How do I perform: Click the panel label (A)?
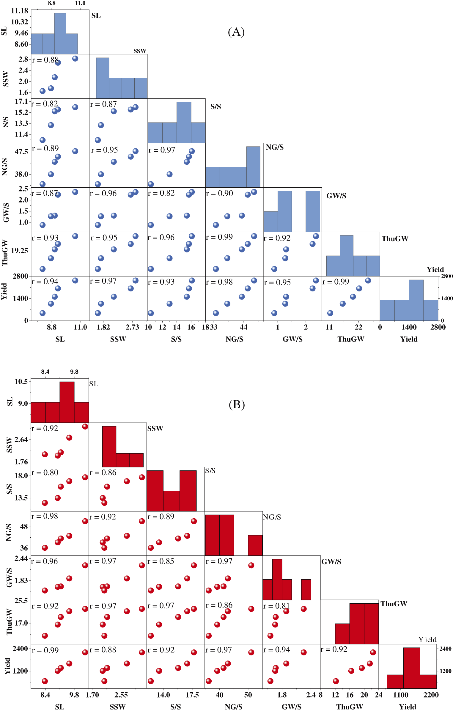pyautogui.click(x=236, y=32)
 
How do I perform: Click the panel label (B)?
pyautogui.click(x=237, y=404)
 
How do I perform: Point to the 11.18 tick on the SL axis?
pyautogui.click(x=19, y=11)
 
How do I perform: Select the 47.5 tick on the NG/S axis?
pyautogui.click(x=21, y=152)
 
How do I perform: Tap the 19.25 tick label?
pyautogui.click(x=19, y=251)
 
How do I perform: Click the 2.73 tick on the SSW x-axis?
pyautogui.click(x=132, y=327)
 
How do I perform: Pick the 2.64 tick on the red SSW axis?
pyautogui.click(x=21, y=440)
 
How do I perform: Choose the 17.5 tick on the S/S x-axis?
pyautogui.click(x=192, y=695)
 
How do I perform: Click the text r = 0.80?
pyautogui.click(x=45, y=473)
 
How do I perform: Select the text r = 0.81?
pyautogui.click(x=276, y=606)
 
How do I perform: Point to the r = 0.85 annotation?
pyautogui.click(x=161, y=561)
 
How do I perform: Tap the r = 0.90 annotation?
pyautogui.click(x=220, y=193)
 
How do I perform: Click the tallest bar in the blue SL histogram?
pyautogui.click(x=60, y=33)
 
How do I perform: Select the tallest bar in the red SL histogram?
pyautogui.click(x=67, y=402)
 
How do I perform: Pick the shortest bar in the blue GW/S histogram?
pyautogui.click(x=270, y=221)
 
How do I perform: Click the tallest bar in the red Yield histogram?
pyautogui.click(x=411, y=668)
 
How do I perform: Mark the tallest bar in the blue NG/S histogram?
pyautogui.click(x=253, y=167)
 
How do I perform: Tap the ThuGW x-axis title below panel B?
pyautogui.click(x=350, y=707)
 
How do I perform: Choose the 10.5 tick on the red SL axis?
pyautogui.click(x=21, y=382)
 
